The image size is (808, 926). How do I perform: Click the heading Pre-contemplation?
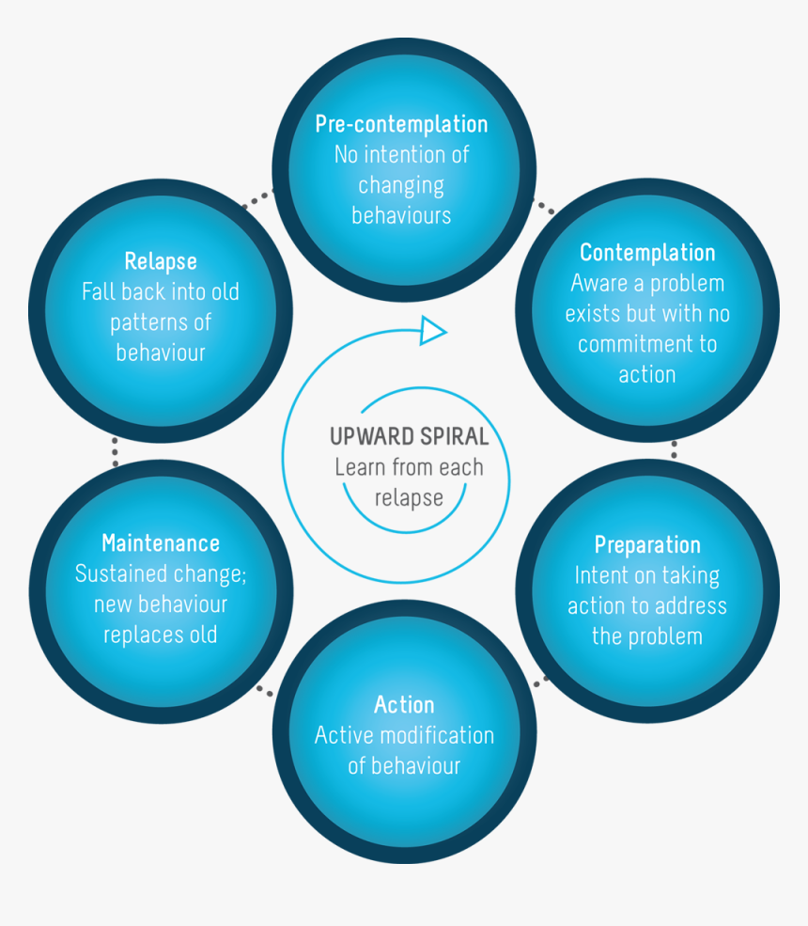click(x=401, y=124)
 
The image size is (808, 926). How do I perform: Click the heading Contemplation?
click(x=647, y=253)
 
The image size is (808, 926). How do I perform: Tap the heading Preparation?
click(x=647, y=545)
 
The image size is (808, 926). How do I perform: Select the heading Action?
click(x=404, y=705)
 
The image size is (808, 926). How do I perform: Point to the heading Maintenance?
click(x=161, y=543)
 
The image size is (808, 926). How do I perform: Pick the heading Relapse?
click(x=161, y=261)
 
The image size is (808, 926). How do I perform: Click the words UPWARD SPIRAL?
click(x=409, y=437)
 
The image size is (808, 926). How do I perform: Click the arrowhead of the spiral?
click(x=433, y=330)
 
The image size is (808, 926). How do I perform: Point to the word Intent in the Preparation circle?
click(x=600, y=575)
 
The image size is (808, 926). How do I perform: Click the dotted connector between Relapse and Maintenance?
click(x=115, y=452)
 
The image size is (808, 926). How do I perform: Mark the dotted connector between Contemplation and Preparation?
click(x=674, y=449)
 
